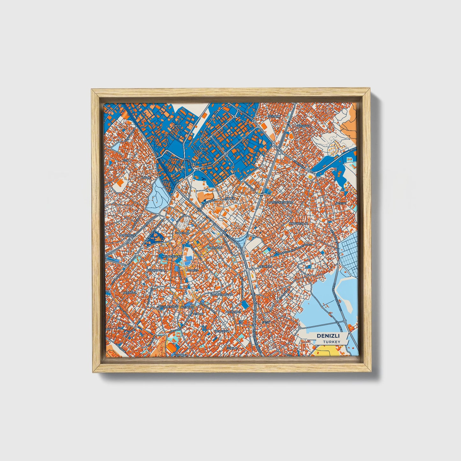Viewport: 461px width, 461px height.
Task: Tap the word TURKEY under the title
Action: (331, 342)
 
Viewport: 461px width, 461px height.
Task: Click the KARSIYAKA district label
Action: (303, 126)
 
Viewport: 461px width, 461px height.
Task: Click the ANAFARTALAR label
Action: (298, 224)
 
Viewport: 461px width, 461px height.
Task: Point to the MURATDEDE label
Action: (127, 235)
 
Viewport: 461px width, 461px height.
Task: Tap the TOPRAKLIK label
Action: (214, 248)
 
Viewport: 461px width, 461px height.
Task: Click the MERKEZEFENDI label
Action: (172, 256)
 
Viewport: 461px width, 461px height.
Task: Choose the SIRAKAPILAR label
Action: (156, 270)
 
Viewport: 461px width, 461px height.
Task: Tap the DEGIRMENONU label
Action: (167, 307)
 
